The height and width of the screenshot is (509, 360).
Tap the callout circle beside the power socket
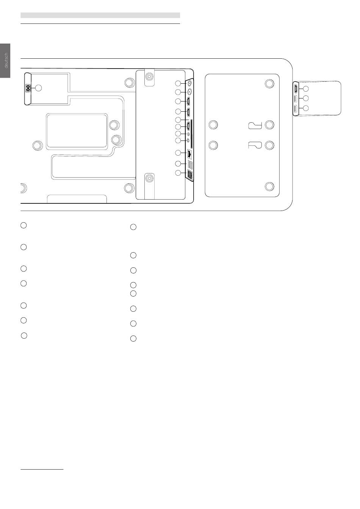tap(38, 88)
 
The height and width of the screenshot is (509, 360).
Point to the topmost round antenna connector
tap(189, 83)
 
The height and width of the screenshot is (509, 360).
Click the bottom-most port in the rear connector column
tap(190, 175)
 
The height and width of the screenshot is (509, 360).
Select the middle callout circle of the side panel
tap(306, 98)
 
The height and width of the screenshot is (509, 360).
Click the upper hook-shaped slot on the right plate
tap(255, 125)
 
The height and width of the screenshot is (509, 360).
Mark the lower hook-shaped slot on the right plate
tap(255, 145)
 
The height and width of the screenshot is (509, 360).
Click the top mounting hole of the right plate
tap(269, 83)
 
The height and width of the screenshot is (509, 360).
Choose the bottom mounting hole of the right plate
tap(269, 186)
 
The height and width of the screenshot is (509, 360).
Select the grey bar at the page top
tap(100, 15)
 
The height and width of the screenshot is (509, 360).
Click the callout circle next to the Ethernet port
tap(178, 153)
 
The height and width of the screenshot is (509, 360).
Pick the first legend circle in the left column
tap(23, 225)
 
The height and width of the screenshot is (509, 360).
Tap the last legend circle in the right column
tap(133, 339)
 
